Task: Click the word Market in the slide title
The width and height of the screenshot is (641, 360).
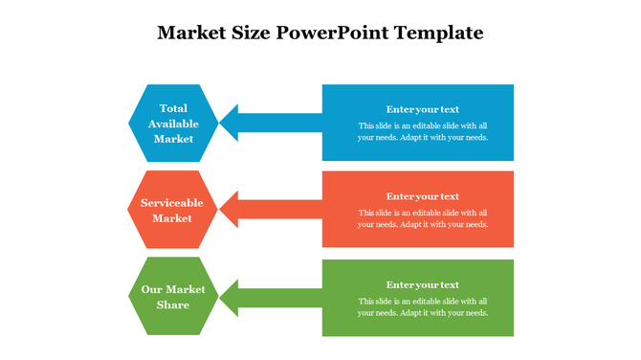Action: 190,33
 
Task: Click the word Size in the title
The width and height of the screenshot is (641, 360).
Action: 252,33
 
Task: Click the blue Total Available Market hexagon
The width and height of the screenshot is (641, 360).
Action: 173,123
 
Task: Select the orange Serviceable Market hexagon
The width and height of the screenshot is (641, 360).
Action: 173,210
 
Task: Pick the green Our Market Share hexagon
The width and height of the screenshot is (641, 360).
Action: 173,296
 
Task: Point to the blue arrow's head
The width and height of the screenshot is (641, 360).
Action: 230,122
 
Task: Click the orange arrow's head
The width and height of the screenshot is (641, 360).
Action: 230,208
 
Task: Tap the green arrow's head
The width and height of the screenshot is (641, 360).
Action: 230,296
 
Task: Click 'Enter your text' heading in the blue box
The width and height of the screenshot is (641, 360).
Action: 422,109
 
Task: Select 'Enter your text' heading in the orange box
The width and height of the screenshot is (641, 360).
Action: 422,196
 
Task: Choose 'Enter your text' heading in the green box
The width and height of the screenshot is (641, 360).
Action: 422,284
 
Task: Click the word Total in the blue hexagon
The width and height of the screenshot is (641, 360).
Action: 173,108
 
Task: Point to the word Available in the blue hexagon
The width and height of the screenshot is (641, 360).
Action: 173,124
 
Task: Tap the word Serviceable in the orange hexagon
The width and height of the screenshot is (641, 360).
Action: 173,203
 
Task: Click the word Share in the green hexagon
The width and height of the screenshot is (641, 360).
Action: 173,304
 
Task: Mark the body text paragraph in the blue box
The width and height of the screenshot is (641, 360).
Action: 423,131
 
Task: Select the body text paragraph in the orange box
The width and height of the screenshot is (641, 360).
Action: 423,218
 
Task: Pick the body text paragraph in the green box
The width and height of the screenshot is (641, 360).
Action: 423,306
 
